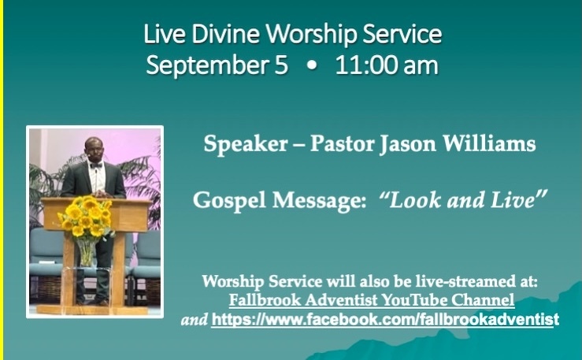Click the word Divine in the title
pyautogui.click(x=225, y=34)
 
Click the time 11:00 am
pyautogui.click(x=387, y=65)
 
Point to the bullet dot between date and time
pyautogui.click(x=312, y=65)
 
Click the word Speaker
pyautogui.click(x=246, y=143)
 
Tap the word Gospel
pyautogui.click(x=229, y=201)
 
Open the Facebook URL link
pyautogui.click(x=385, y=320)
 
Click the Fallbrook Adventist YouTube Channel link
pyautogui.click(x=372, y=300)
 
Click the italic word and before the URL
pyautogui.click(x=194, y=320)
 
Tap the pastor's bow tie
pyautogui.click(x=96, y=165)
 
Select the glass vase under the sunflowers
pyautogui.click(x=86, y=252)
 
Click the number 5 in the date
pyautogui.click(x=281, y=65)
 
